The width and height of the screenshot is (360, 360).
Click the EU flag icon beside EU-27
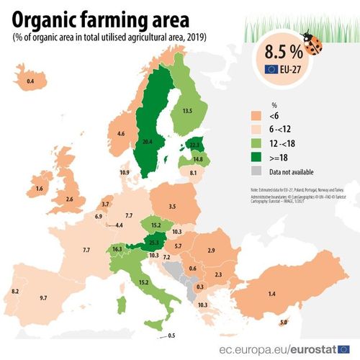tap(271, 70)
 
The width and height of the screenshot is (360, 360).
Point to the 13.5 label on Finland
tap(188, 111)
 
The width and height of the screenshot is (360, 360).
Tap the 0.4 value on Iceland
tap(30, 81)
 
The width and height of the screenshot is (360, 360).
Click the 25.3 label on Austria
tap(153, 243)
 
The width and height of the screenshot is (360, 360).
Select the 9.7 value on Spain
tap(43, 297)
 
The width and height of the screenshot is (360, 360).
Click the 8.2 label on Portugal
tap(14, 291)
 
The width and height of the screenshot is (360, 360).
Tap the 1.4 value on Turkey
tap(272, 295)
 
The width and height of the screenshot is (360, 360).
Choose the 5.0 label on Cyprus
tap(283, 323)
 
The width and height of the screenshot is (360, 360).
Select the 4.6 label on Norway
tap(122, 134)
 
